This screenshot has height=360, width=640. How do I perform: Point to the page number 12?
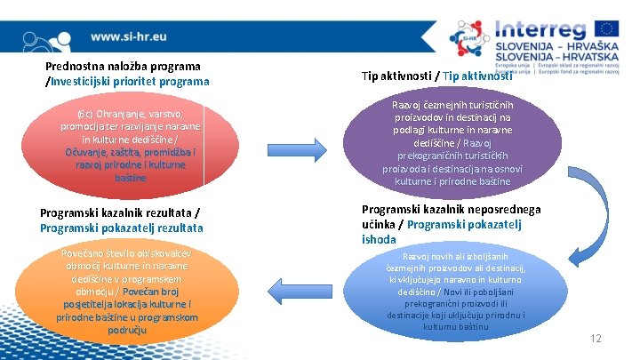(596, 339)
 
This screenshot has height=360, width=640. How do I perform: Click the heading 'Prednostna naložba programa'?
(123, 67)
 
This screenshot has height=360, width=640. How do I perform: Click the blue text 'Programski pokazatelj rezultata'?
(122, 228)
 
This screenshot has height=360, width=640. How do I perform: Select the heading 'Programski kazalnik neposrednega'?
(451, 210)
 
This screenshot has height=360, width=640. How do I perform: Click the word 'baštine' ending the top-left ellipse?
(130, 178)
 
